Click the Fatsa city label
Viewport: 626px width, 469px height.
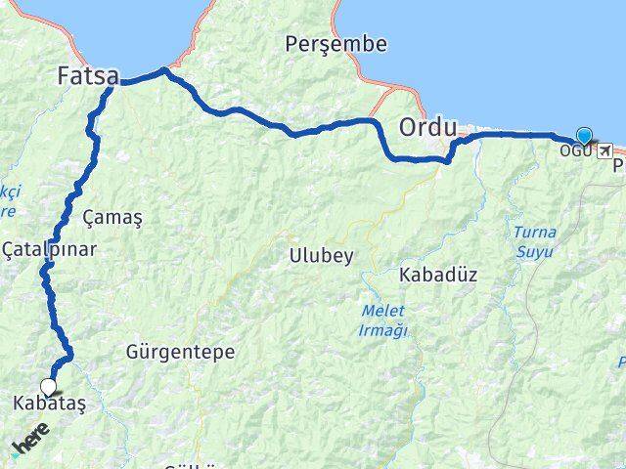(x=87, y=75)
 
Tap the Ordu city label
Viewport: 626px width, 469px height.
(x=427, y=127)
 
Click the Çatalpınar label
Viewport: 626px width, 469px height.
(x=49, y=249)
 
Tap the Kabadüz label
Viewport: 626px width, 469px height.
(x=437, y=276)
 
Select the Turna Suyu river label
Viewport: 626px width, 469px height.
(x=534, y=242)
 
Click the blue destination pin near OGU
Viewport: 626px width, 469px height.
(x=584, y=137)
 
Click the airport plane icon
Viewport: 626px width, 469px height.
(x=604, y=150)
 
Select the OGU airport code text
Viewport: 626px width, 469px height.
(x=574, y=150)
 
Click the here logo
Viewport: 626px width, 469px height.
(x=29, y=439)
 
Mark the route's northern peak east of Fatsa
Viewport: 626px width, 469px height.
(x=164, y=70)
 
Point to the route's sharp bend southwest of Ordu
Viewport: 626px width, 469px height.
(x=448, y=160)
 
